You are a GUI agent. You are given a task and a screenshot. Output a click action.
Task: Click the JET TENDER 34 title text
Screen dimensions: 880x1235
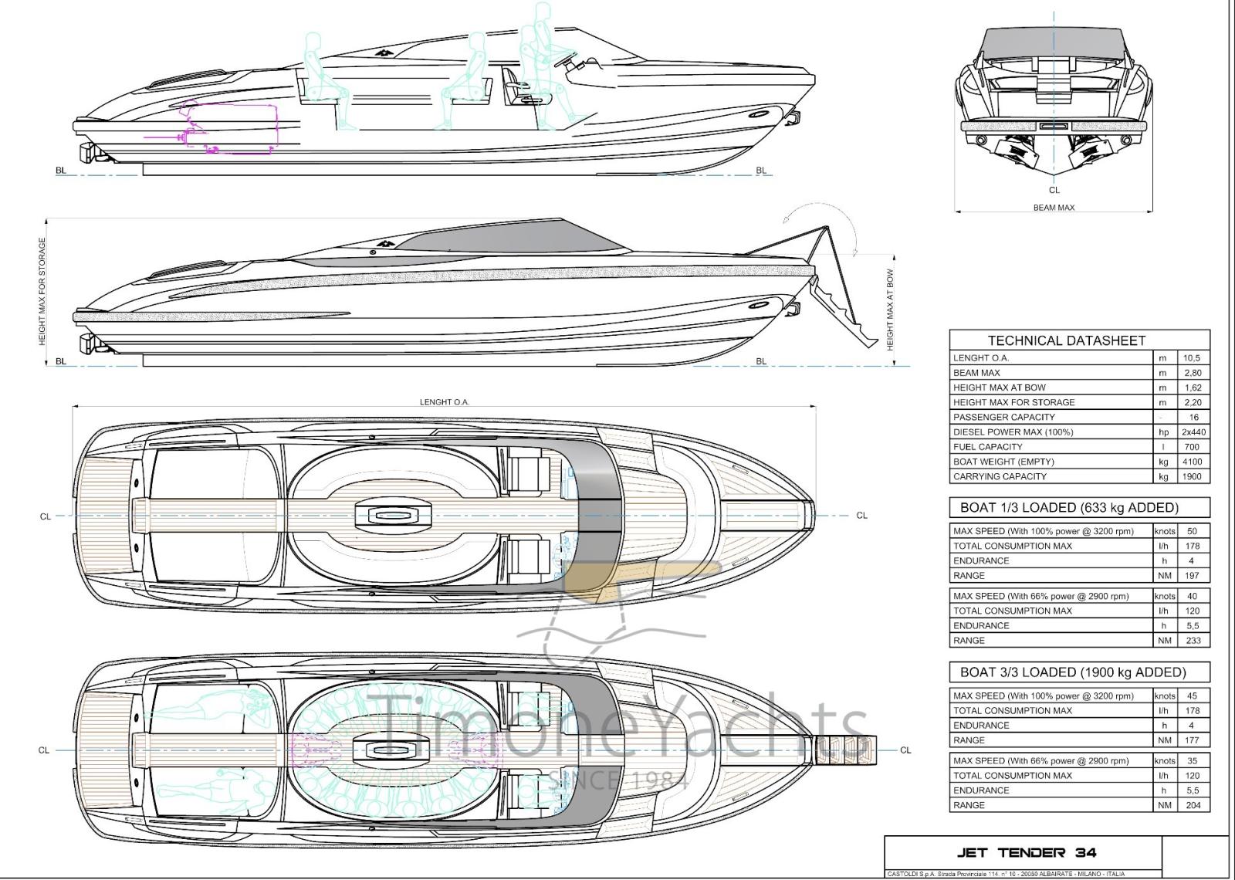pos(1026,852)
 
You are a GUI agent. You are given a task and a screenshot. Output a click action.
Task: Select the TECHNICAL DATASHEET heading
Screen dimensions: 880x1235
pos(1066,340)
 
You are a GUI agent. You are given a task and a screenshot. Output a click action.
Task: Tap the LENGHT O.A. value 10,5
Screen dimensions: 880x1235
pos(1193,358)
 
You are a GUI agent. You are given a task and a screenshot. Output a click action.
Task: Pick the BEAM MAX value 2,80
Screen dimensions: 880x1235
pos(1193,373)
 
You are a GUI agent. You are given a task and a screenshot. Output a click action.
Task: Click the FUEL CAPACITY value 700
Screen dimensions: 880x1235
pos(1193,447)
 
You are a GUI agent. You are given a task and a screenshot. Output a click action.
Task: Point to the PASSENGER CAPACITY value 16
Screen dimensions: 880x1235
pos(1193,417)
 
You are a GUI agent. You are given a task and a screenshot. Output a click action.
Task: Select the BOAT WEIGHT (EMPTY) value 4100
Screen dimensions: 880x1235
pos(1193,462)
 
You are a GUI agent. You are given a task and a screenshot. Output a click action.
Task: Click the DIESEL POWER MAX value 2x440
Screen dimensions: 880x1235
pos(1193,432)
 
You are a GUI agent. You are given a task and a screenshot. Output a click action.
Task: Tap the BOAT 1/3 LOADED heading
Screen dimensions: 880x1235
pos(1069,508)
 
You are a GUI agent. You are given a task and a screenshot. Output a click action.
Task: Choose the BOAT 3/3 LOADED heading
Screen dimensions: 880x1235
pos(1073,672)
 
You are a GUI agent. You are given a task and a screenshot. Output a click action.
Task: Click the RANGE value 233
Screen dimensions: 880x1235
pos(1193,641)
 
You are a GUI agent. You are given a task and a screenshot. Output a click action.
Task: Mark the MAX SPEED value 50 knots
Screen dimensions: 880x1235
pos(1193,531)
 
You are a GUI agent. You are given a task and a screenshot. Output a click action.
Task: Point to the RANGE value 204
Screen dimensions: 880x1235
pos(1193,805)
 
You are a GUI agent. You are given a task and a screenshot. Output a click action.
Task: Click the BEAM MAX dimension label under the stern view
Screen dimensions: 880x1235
pos(1054,208)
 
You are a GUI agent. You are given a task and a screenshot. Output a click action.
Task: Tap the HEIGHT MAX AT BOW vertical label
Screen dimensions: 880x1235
pos(890,309)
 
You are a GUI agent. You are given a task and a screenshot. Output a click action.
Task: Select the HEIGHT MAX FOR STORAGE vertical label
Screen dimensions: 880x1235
pos(42,291)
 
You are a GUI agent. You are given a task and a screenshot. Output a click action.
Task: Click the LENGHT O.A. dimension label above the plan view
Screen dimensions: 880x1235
pos(444,402)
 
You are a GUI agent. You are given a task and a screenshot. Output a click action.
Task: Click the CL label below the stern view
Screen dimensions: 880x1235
pos(1054,190)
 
